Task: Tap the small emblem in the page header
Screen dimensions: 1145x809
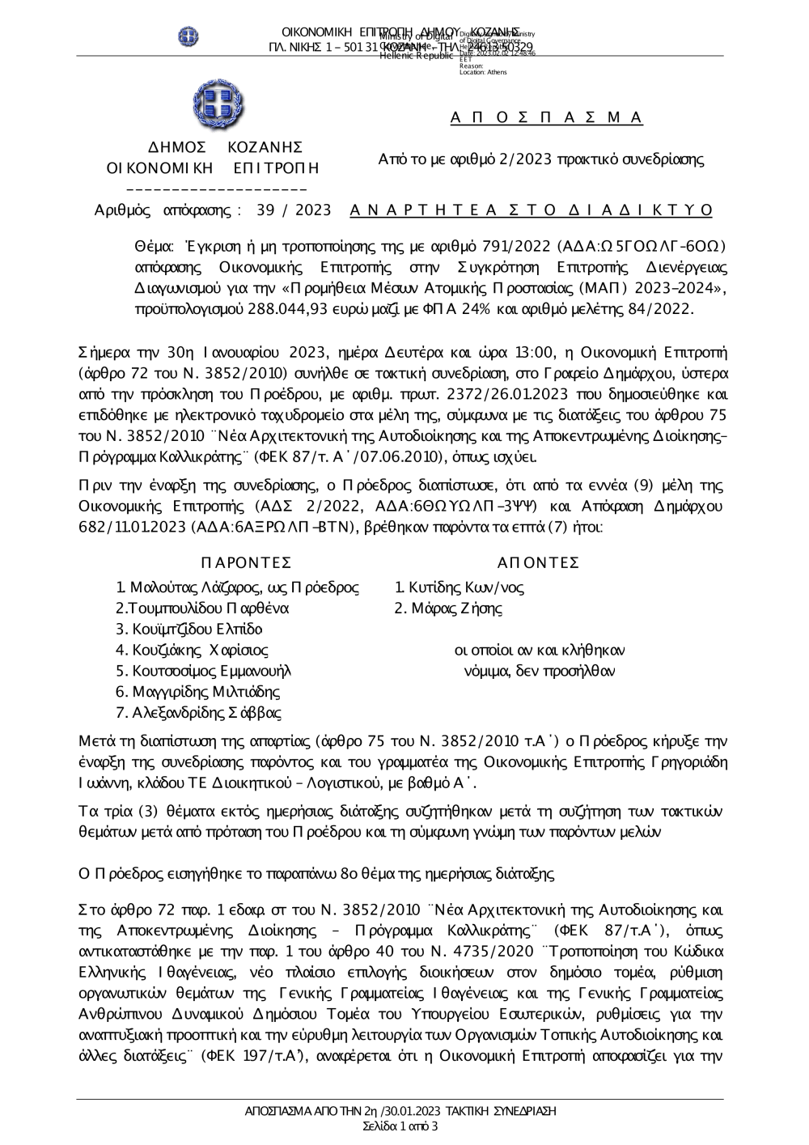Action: tap(189, 36)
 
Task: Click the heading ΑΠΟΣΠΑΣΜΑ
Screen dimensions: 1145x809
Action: tap(546, 118)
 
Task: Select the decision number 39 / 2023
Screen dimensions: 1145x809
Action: tap(294, 210)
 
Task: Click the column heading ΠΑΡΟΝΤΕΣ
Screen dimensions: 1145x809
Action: tap(245, 563)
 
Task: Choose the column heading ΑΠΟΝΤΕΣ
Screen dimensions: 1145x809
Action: tap(538, 563)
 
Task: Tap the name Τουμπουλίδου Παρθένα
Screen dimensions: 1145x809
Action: tap(207, 609)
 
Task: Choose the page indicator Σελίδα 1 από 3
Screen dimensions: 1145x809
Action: tap(401, 1126)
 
